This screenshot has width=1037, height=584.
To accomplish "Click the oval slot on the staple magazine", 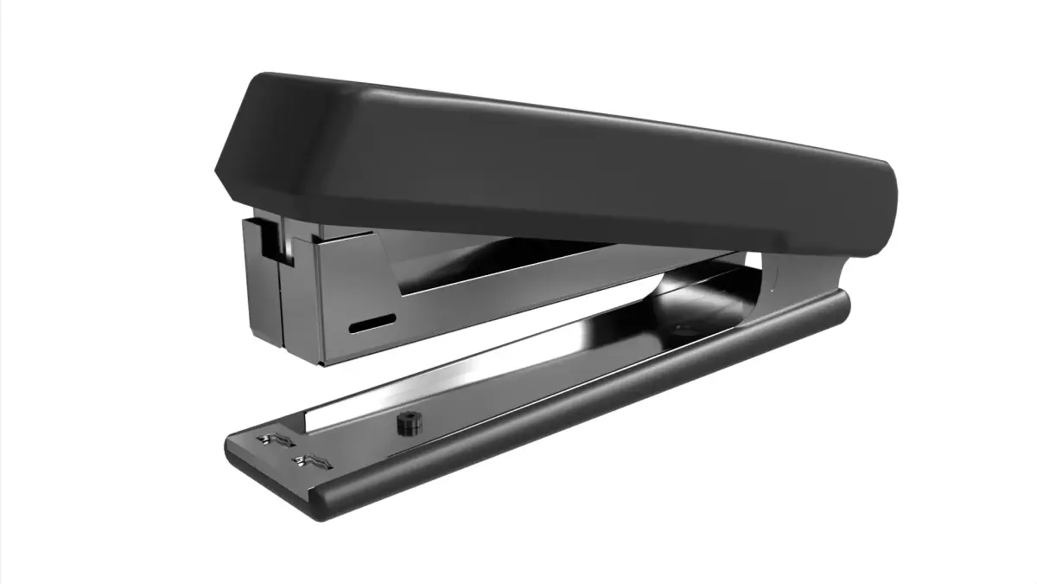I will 372,324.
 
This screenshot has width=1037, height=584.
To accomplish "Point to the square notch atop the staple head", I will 274,239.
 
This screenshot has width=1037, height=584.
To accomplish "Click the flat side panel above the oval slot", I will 354,277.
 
